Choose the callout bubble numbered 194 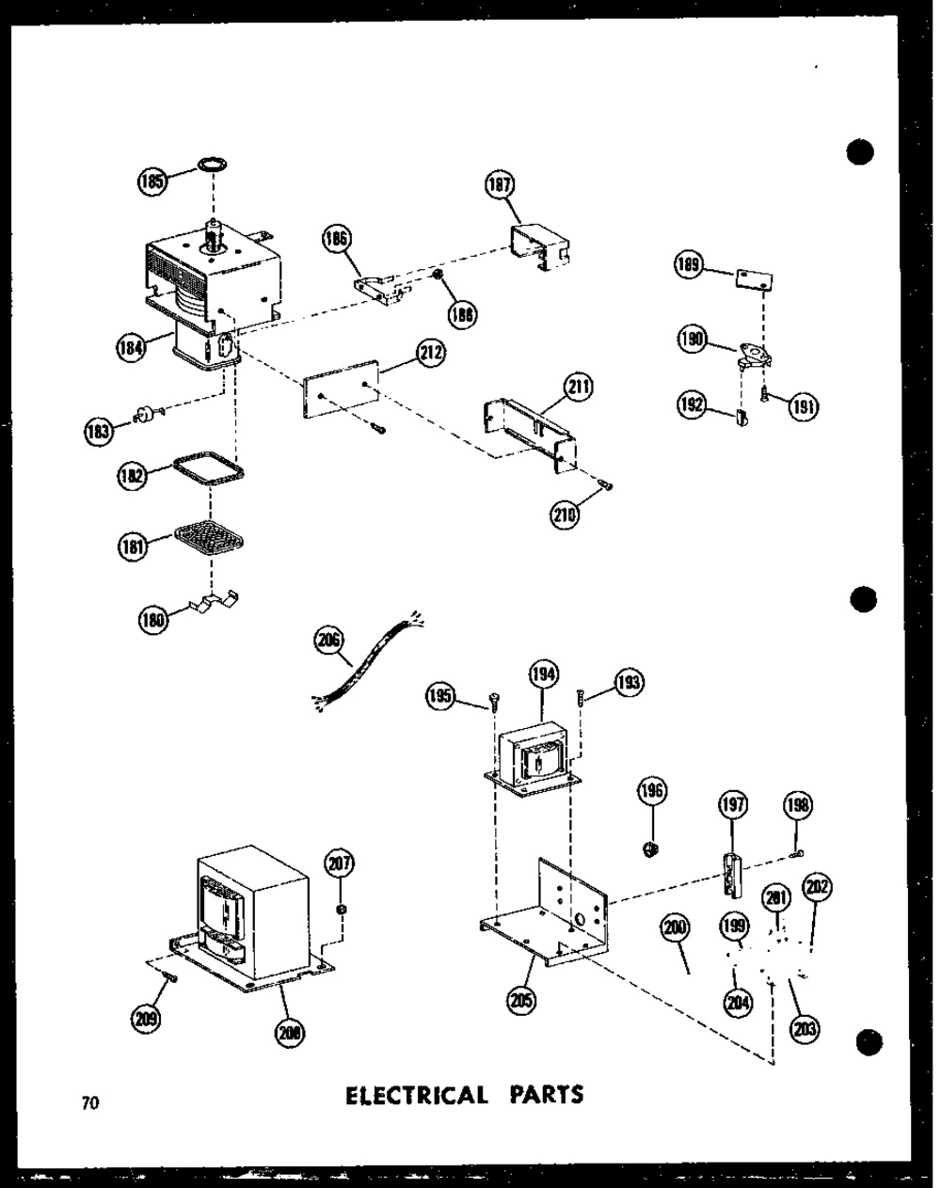(x=543, y=673)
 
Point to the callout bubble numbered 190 (x=694, y=341)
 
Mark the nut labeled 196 (x=649, y=850)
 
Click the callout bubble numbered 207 (x=340, y=862)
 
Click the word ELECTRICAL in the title (x=417, y=1095)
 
